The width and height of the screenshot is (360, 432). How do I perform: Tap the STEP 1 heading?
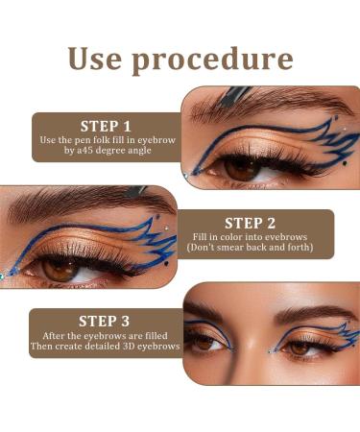[107, 126]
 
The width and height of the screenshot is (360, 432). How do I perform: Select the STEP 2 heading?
[250, 222]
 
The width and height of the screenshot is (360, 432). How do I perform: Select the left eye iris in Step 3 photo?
[204, 341]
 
